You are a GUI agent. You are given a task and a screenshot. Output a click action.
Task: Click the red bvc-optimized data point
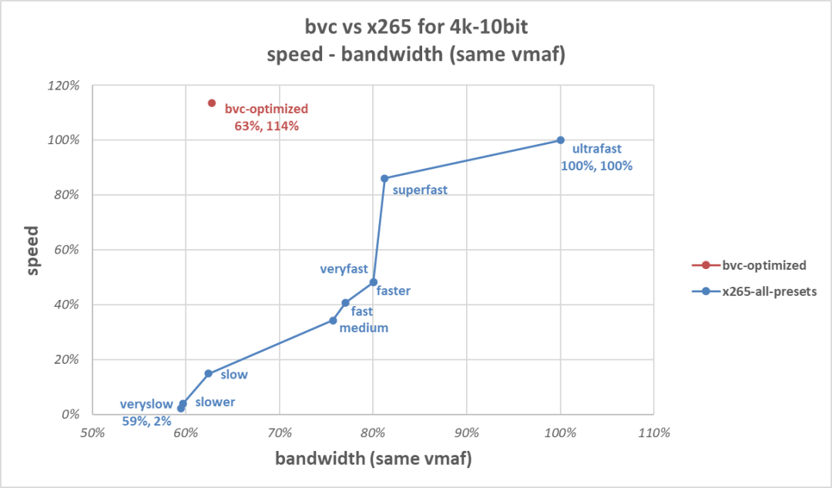211,103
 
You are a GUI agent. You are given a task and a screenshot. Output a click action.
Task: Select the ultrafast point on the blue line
561,140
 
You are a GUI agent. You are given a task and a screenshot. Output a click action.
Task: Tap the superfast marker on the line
384,178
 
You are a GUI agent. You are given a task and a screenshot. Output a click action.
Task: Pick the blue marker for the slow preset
208,373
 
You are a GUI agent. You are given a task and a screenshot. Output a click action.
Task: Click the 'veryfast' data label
343,269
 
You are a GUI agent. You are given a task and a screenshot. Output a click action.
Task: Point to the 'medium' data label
364,328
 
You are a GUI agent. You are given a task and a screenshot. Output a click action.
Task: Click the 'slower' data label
214,402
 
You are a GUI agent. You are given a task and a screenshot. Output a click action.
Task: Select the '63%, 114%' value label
267,124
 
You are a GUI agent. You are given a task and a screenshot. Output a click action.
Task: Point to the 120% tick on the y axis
65,86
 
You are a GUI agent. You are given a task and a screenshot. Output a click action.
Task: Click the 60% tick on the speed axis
68,250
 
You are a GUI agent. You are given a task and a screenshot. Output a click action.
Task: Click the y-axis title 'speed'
32,249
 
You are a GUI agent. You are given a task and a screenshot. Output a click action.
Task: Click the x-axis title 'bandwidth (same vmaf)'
373,459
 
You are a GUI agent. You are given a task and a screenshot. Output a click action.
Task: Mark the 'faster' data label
393,291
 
